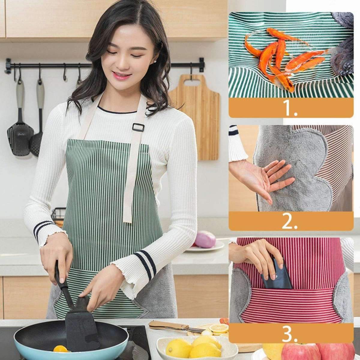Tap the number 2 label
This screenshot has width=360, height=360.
point(289,222)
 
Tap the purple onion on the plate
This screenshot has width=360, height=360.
point(205,239)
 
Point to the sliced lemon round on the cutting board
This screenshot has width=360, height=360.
point(217,328)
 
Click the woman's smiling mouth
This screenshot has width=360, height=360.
point(122,75)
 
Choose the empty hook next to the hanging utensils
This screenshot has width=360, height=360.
point(64,73)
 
